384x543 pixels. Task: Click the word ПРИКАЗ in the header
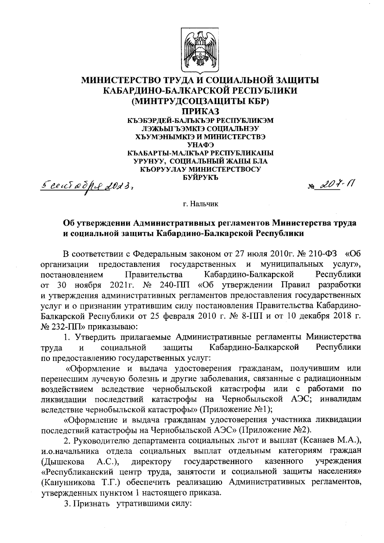click(200, 111)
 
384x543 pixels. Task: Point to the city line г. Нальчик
click(200, 204)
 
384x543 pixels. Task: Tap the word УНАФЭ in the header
click(200, 145)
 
